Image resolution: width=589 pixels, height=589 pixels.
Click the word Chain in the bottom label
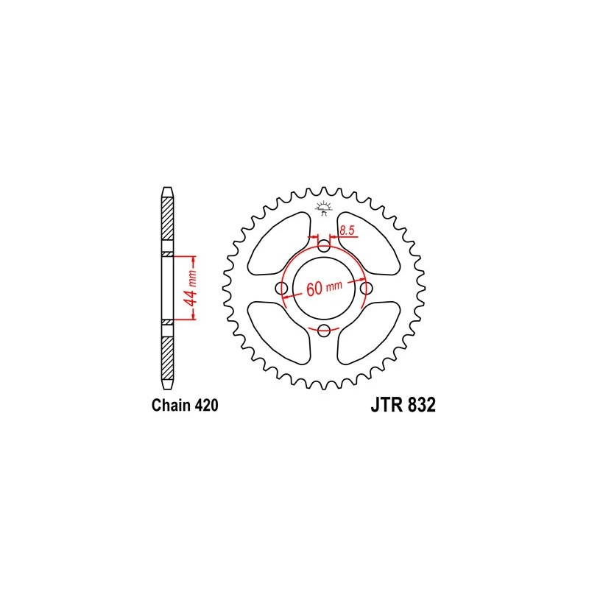tap(169, 406)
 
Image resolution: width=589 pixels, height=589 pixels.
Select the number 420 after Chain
tap(204, 406)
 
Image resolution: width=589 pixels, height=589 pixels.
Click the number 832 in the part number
tap(420, 406)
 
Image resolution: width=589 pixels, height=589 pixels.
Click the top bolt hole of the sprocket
tap(324, 245)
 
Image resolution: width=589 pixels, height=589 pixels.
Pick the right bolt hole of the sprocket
tap(367, 288)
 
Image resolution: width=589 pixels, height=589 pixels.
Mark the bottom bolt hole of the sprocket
tap(324, 331)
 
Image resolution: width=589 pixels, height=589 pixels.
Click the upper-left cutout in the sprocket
tap(278, 242)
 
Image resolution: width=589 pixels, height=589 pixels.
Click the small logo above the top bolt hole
tap(324, 207)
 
